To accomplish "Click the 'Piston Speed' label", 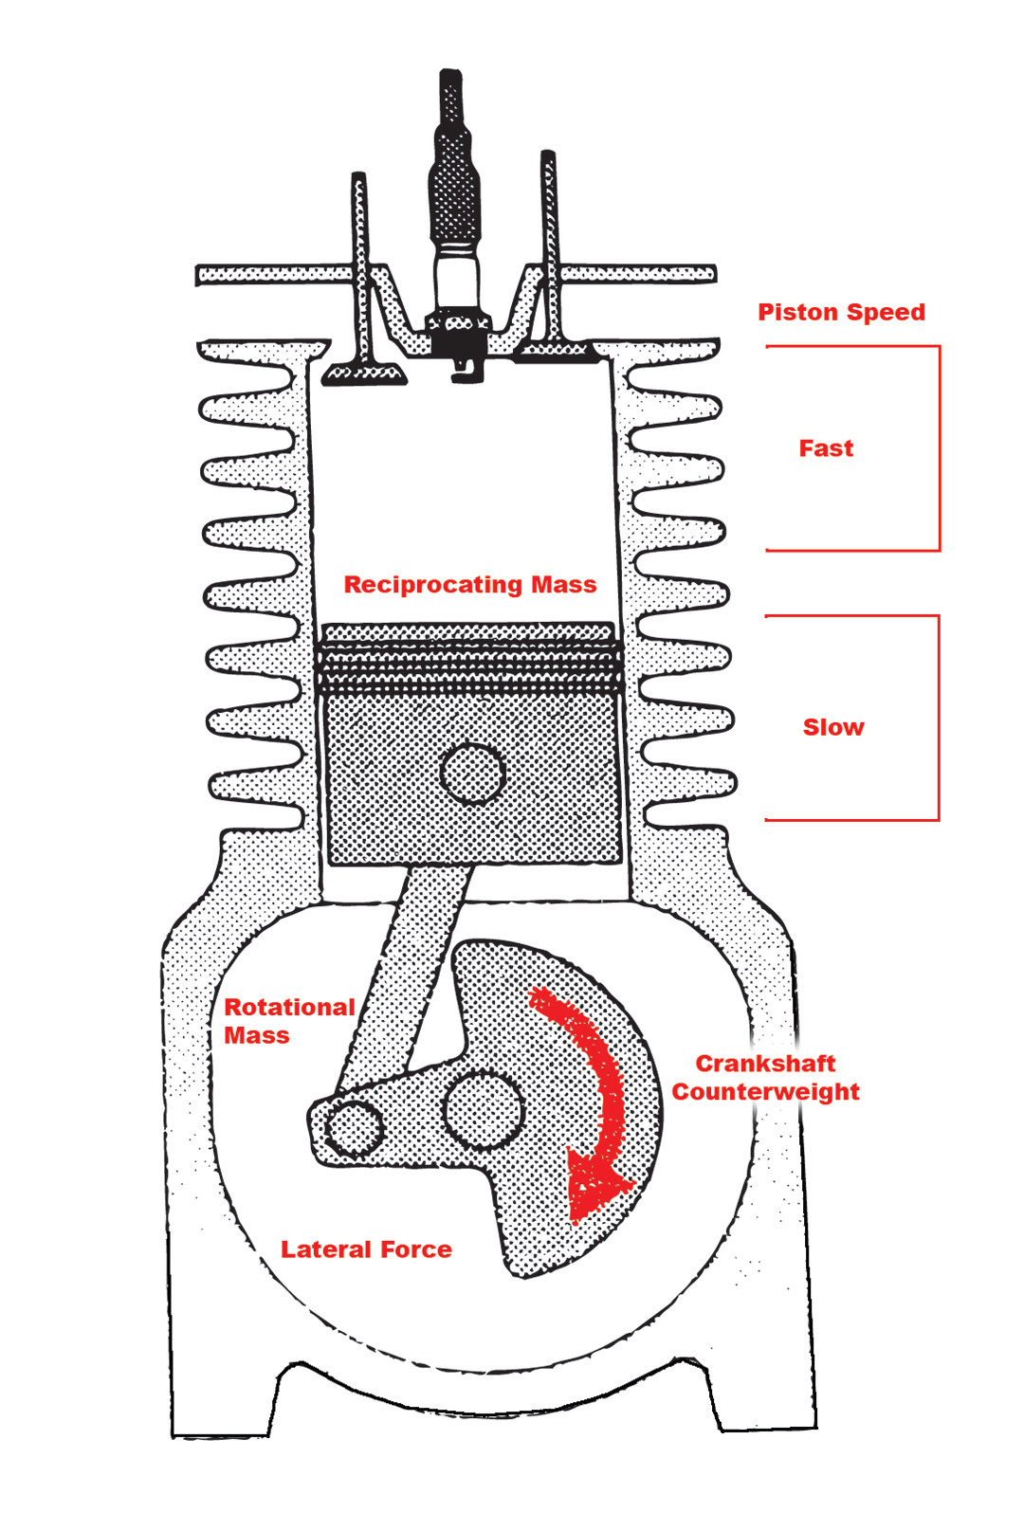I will click(841, 312).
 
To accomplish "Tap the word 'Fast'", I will click(826, 448).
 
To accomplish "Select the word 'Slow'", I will click(833, 727).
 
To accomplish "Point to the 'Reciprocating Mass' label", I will click(470, 584).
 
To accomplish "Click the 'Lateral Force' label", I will click(366, 1249).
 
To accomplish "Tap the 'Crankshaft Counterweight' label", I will click(766, 1077).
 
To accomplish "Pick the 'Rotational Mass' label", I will click(288, 1021).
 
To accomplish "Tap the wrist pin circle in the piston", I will click(472, 773).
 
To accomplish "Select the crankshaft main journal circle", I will click(483, 1109).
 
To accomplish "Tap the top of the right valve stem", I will click(547, 156).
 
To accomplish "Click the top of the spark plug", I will click(451, 76).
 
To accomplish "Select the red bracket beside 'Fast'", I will click(939, 447).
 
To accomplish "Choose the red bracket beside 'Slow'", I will click(938, 718).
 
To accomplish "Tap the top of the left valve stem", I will click(358, 178).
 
